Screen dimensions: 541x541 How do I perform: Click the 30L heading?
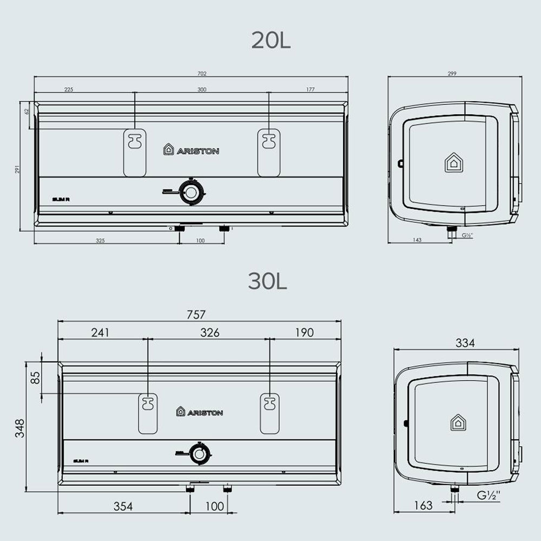tap(267, 281)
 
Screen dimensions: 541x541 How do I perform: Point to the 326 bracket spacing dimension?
tap(209, 333)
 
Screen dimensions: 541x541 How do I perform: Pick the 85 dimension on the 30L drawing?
tap(35, 378)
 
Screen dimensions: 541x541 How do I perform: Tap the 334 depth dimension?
tap(465, 343)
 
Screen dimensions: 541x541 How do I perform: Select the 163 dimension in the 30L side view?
tap(423, 505)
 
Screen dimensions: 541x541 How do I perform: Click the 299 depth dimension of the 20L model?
tap(452, 74)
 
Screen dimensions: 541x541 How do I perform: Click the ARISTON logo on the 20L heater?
tap(192, 150)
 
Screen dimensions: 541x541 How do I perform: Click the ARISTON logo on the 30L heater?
tap(199, 412)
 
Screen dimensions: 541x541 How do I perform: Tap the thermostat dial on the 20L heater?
tap(191, 192)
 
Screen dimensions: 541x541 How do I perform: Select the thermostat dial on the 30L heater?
tap(199, 454)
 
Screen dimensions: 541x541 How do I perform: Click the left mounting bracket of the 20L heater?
tap(134, 151)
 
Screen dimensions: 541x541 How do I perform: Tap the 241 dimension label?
tap(100, 333)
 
